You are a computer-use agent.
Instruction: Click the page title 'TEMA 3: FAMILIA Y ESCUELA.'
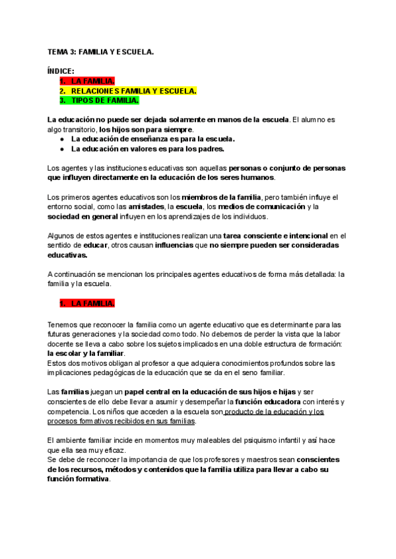point(100,51)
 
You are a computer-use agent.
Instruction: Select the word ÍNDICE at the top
point(61,71)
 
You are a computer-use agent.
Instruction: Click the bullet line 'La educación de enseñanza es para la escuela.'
point(152,139)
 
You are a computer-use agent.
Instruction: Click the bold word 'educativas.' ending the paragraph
point(67,255)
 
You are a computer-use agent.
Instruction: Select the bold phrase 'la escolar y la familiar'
point(90,353)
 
